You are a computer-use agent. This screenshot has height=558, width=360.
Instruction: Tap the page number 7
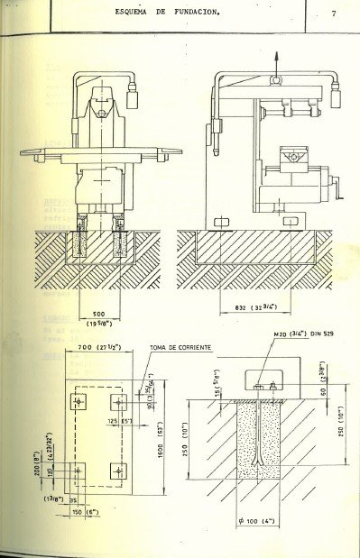(333, 14)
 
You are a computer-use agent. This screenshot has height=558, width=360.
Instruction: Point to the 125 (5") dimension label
(118, 419)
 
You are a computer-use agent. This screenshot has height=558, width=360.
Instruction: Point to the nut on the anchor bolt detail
(256, 388)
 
